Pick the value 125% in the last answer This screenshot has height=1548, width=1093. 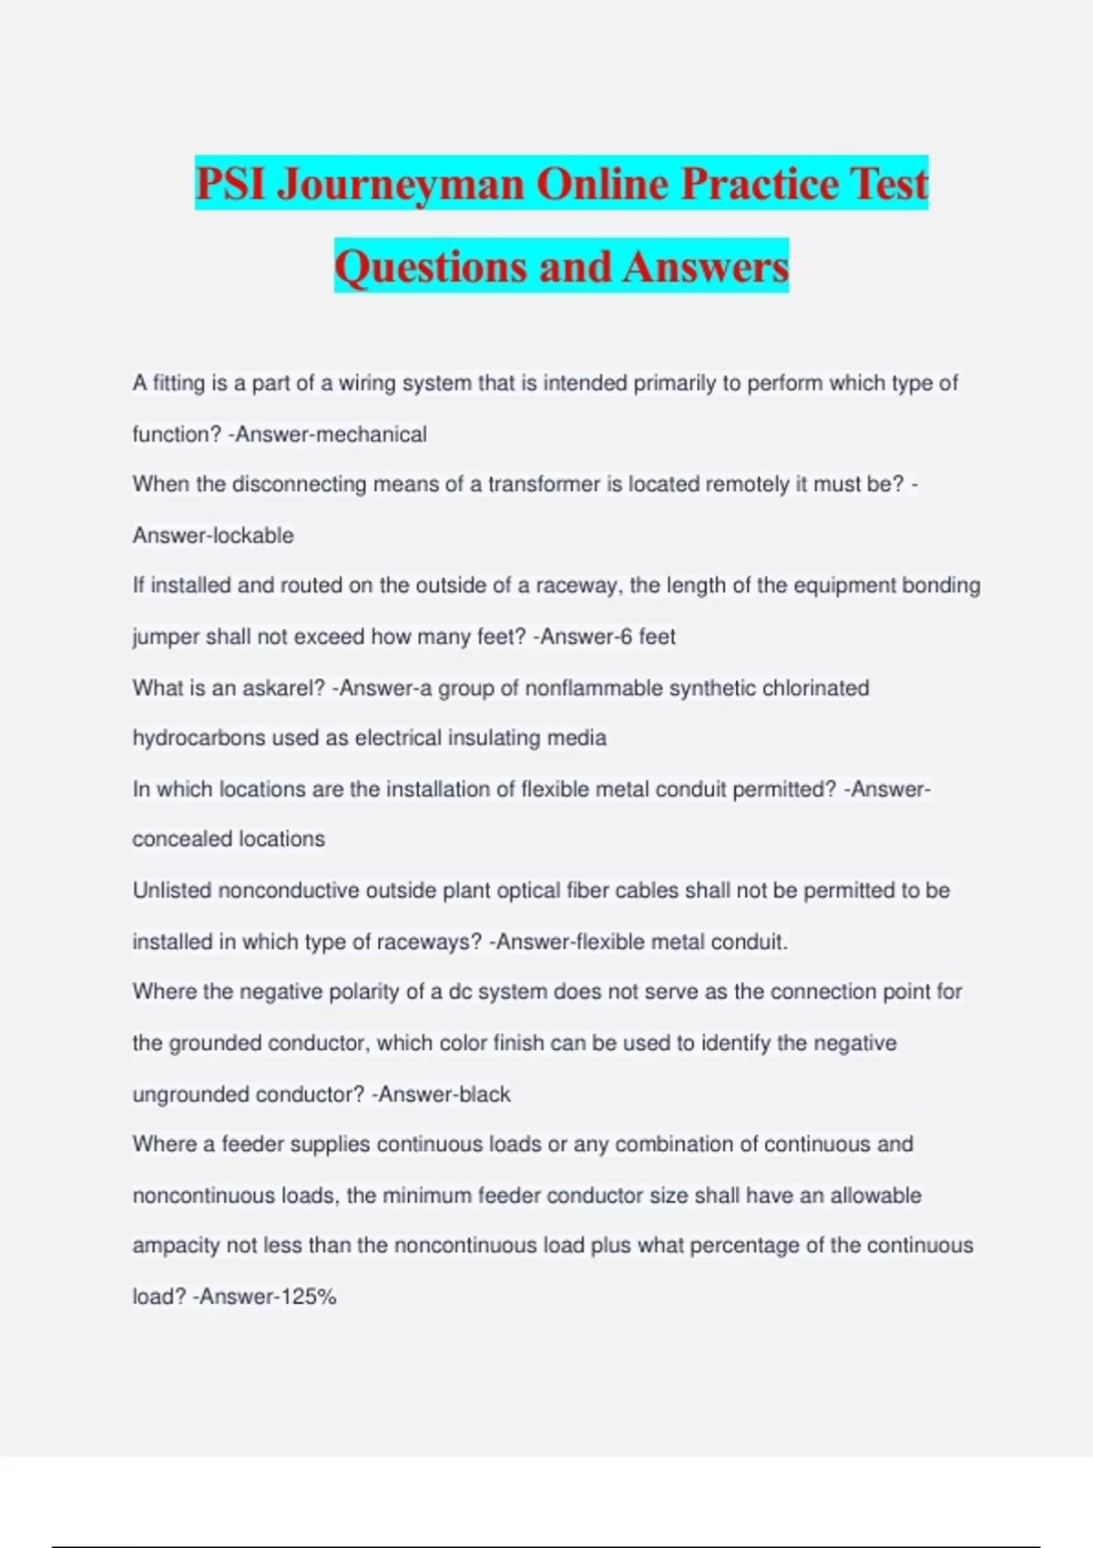point(309,1297)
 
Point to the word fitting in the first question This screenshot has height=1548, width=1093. point(179,383)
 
